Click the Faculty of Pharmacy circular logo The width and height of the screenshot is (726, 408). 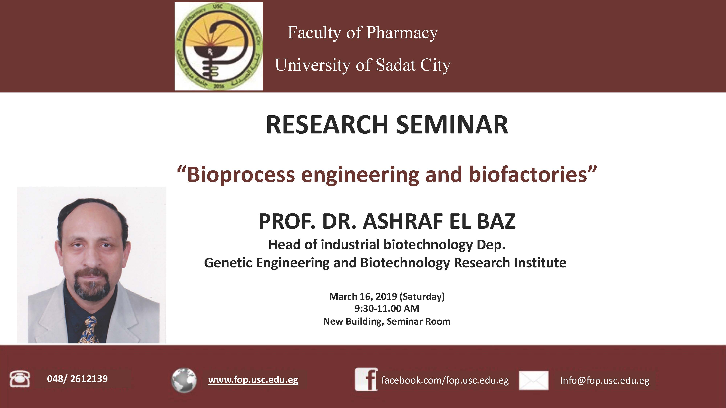219,46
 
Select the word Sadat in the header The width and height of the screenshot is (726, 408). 396,65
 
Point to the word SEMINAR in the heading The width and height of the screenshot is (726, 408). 452,125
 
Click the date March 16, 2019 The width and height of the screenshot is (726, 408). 363,296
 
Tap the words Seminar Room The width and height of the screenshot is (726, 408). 419,321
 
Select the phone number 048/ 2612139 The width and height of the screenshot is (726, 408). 77,379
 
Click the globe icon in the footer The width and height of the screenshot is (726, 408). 184,380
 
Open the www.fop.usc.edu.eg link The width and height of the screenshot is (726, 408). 253,380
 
